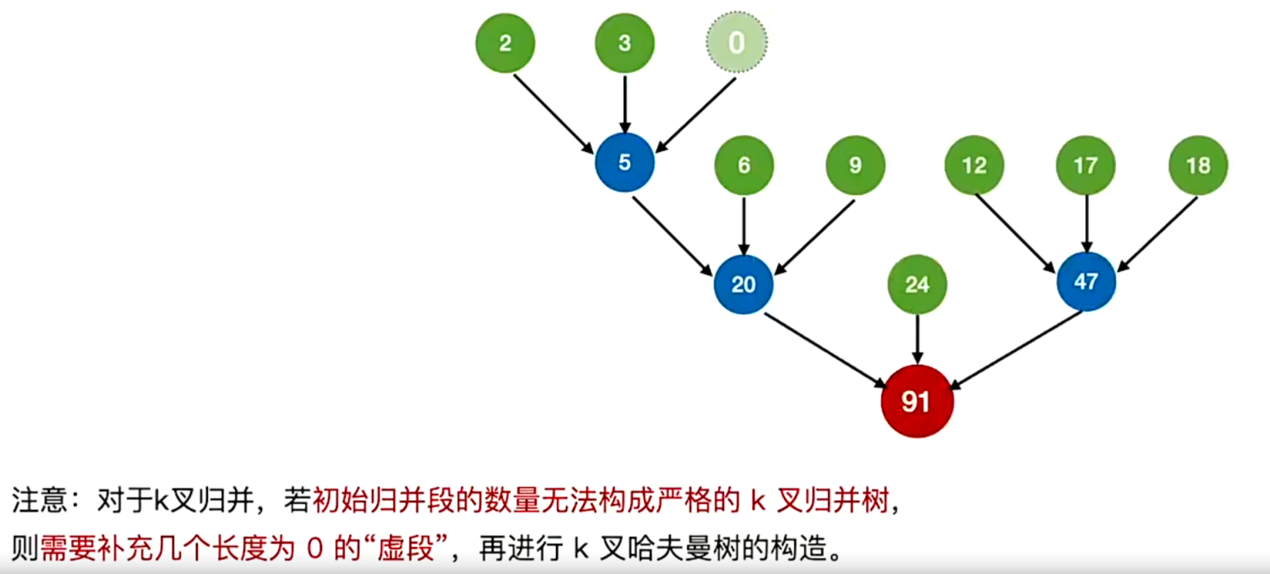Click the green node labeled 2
(505, 43)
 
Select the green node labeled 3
(624, 43)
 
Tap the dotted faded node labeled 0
(736, 42)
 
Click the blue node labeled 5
(624, 162)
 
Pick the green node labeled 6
(744, 165)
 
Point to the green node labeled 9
(855, 165)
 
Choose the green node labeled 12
(974, 165)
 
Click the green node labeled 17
(1085, 165)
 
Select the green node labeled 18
(1198, 165)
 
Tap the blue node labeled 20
(743, 284)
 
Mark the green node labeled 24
(917, 284)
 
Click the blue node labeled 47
(1086, 281)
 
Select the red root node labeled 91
(917, 401)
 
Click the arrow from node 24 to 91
(918, 339)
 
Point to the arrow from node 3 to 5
(625, 105)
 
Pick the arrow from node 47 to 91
(1016, 350)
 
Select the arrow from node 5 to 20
(672, 236)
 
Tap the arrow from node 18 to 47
(1157, 234)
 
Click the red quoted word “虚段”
(406, 548)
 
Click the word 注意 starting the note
(39, 500)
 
